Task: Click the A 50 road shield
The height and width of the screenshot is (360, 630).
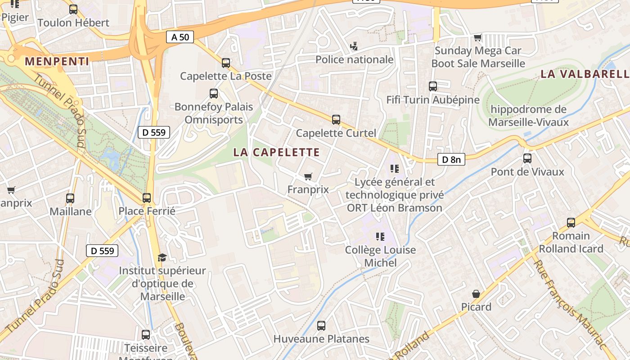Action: [180, 37]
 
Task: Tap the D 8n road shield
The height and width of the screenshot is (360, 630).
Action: [451, 159]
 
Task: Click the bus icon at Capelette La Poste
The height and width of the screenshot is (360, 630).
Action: [226, 63]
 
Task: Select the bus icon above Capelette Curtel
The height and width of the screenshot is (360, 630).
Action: [336, 120]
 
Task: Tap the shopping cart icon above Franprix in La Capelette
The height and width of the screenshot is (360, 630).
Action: [308, 176]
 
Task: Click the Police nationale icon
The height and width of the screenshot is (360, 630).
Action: [354, 46]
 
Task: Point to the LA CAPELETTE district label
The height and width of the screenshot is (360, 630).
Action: [276, 152]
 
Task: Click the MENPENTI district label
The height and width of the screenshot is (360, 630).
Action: [57, 61]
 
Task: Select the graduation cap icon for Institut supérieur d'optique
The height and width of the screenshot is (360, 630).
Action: [162, 257]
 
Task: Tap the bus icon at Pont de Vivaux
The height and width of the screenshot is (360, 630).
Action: [527, 158]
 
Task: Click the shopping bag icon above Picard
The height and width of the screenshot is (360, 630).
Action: [476, 294]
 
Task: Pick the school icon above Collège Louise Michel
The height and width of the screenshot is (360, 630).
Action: [380, 236]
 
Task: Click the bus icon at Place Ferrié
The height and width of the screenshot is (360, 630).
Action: [147, 198]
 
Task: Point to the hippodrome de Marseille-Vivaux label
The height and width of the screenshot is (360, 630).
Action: [528, 116]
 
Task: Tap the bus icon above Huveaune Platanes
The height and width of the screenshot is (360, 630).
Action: [321, 326]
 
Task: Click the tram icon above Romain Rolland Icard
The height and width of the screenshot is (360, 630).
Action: [571, 222]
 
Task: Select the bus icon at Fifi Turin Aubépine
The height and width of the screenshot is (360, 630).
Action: [433, 86]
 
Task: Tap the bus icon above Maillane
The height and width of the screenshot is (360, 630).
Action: [70, 198]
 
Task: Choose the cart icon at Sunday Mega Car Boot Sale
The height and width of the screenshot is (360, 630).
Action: [478, 37]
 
